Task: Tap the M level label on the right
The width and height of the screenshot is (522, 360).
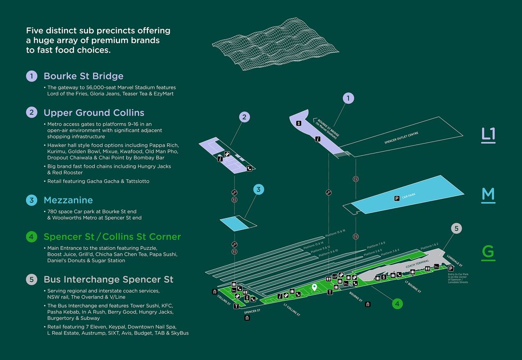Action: [x=488, y=194]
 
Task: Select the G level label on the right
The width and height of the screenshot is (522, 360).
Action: [x=488, y=253]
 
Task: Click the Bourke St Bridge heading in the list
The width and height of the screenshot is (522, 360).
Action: [x=83, y=76]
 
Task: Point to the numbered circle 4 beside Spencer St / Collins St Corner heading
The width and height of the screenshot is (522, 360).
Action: [x=31, y=237]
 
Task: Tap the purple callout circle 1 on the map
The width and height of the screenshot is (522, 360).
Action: [x=348, y=99]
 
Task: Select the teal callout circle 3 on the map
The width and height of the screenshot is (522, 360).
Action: [x=259, y=189]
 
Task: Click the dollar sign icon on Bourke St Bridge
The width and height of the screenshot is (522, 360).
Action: [x=299, y=123]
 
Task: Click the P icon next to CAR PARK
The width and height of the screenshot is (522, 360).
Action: [x=397, y=198]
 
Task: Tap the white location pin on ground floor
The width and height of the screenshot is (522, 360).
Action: [x=315, y=288]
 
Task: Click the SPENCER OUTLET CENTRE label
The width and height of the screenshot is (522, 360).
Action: [x=401, y=138]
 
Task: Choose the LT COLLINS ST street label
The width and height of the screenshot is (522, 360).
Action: [x=292, y=311]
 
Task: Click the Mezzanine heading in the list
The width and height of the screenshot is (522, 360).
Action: [x=68, y=200]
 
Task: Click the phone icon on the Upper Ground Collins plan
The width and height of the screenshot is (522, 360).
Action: [x=249, y=169]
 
